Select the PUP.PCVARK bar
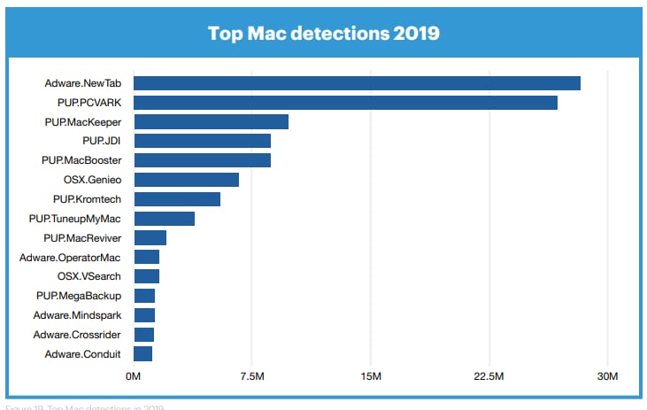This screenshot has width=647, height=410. [x=345, y=103]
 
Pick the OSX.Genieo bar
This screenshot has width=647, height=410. [x=186, y=180]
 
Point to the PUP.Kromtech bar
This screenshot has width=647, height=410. [x=177, y=199]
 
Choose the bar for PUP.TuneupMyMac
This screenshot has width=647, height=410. [x=164, y=219]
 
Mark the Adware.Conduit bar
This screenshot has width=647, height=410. [x=142, y=354]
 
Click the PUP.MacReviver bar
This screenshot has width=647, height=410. [x=150, y=238]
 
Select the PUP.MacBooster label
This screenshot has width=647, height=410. [x=81, y=160]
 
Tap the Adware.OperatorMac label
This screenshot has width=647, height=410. [x=71, y=257]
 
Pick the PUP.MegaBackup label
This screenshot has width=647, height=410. [x=79, y=296]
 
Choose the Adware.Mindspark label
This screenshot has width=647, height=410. [x=77, y=315]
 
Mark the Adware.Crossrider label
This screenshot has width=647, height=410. [x=77, y=335]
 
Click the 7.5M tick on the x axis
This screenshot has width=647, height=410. [x=252, y=378]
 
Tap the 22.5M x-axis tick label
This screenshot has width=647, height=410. [x=489, y=378]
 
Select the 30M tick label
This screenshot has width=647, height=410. [x=607, y=378]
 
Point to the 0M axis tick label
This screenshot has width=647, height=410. [x=134, y=378]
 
